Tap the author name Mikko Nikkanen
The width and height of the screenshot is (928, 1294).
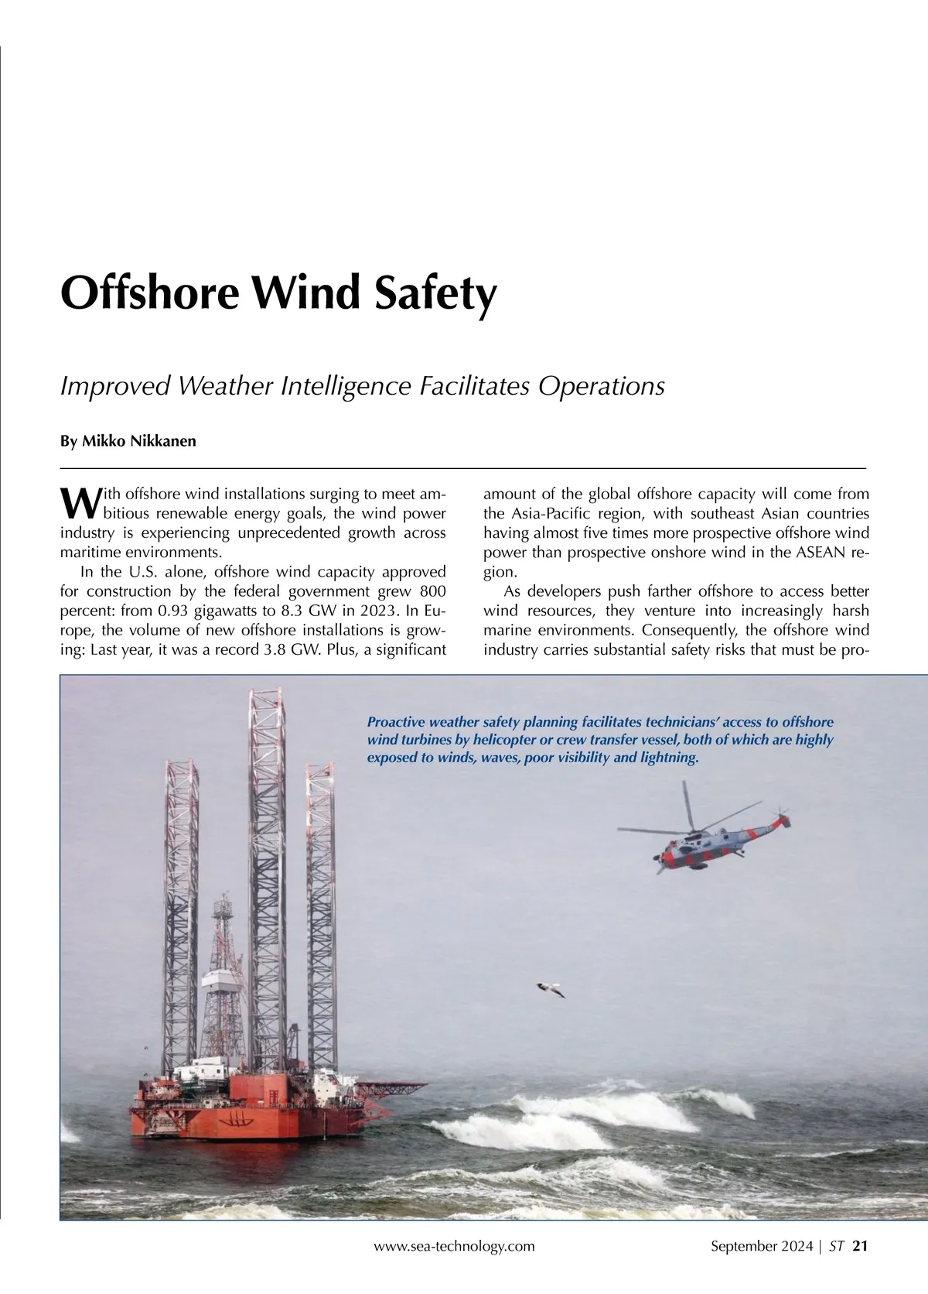point(128,441)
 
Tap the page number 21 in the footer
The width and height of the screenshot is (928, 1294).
point(860,1246)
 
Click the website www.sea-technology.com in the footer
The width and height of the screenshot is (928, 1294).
point(454,1246)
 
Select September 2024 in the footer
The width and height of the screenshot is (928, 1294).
point(761,1246)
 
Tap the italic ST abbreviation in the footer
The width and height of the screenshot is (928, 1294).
point(837,1246)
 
